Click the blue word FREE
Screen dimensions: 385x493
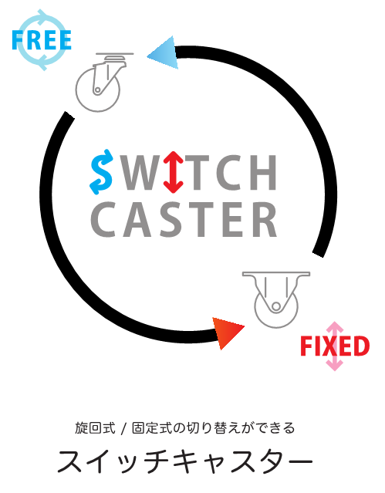coord(42,40)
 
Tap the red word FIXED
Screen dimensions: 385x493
coord(335,346)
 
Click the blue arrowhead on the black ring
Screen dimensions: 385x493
coord(164,52)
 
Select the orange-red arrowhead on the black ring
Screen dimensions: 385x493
coord(227,333)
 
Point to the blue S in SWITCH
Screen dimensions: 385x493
coord(101,172)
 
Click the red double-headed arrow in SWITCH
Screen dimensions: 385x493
coord(173,172)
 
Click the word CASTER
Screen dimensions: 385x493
coord(184,219)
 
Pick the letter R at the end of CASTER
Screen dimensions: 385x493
coord(265,219)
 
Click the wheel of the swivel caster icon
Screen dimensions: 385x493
coord(97,90)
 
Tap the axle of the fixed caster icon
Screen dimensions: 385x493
coord(276,306)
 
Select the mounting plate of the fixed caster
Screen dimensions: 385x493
coord(276,274)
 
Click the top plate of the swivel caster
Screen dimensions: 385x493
coord(114,53)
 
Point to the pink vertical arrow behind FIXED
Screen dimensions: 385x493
coord(334,346)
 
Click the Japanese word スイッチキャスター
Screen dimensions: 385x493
coord(185,461)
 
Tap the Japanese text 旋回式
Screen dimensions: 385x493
coord(95,428)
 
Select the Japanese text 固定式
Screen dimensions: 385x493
coord(152,428)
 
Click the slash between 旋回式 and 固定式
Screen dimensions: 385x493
coord(123,428)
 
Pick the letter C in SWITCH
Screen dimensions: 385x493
coord(229,172)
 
